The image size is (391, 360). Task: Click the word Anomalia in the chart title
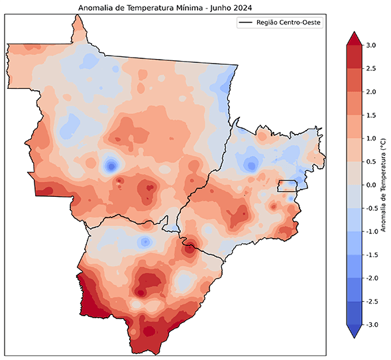[x=97, y=8]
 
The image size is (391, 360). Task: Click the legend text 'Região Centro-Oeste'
[x=290, y=23]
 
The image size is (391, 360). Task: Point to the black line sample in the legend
[x=246, y=23]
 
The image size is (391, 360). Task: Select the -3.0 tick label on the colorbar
[x=371, y=324]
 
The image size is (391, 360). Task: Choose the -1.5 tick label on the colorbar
[x=371, y=255]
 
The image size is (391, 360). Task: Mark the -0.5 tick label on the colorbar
[x=371, y=208]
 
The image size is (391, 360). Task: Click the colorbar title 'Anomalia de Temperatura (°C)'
[x=384, y=185]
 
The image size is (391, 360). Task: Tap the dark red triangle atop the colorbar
[x=353, y=38]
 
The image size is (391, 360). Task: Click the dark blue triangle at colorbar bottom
[x=353, y=331]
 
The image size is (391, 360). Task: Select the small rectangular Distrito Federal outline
[x=287, y=186]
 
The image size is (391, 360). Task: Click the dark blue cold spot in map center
[x=111, y=165]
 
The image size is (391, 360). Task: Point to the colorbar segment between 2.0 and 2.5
[x=353, y=80]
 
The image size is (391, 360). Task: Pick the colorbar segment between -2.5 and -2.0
[x=353, y=289]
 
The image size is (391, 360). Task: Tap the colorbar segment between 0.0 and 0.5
[x=353, y=173]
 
